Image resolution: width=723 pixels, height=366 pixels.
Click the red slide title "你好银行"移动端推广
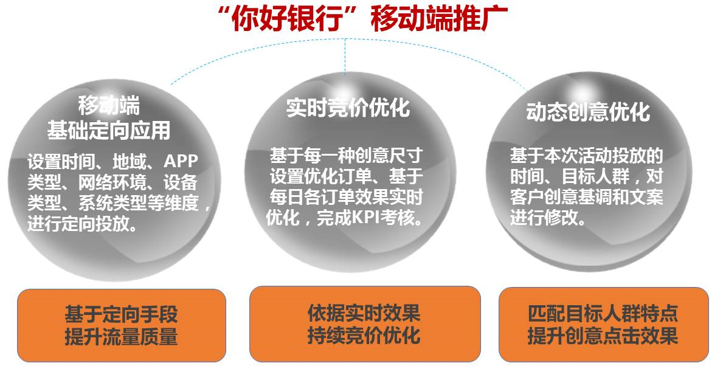point(362,19)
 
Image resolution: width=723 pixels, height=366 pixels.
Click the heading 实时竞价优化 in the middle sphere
point(348,108)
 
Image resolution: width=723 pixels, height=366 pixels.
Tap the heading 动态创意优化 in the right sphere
point(588,112)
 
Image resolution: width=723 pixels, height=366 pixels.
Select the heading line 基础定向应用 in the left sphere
point(109,130)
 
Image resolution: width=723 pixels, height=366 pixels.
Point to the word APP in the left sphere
point(181,161)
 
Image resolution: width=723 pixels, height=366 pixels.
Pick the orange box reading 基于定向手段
point(121,325)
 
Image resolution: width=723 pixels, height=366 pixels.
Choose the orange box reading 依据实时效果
point(365,324)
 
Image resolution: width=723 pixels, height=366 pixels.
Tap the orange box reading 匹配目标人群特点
point(604,325)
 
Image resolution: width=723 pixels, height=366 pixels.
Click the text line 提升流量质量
point(121,336)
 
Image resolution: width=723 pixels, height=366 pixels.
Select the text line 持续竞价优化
point(364,335)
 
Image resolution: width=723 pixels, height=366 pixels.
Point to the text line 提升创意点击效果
point(603,335)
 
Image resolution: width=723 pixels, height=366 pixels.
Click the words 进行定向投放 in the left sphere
point(78,224)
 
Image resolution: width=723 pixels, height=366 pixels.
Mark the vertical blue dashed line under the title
point(345,57)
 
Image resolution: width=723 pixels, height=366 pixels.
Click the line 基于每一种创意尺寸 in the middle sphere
point(346,156)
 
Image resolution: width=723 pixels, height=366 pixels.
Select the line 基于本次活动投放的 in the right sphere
point(587,156)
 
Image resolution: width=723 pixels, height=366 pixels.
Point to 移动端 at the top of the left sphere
point(109,105)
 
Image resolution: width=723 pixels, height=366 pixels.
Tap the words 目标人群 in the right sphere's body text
point(596,176)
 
